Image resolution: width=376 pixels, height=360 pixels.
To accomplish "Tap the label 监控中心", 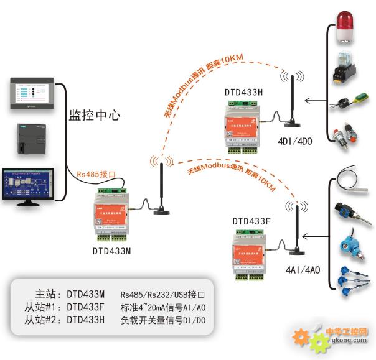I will (x=94, y=116).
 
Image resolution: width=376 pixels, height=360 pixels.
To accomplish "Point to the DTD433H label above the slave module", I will (x=244, y=93).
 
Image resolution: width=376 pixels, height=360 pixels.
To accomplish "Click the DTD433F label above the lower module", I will (x=251, y=221).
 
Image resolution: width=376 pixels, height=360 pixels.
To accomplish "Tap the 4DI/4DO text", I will (x=294, y=142).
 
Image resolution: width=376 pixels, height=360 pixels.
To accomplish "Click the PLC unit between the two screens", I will (x=31, y=140).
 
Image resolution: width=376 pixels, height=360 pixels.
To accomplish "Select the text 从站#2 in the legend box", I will (x=42, y=321).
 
